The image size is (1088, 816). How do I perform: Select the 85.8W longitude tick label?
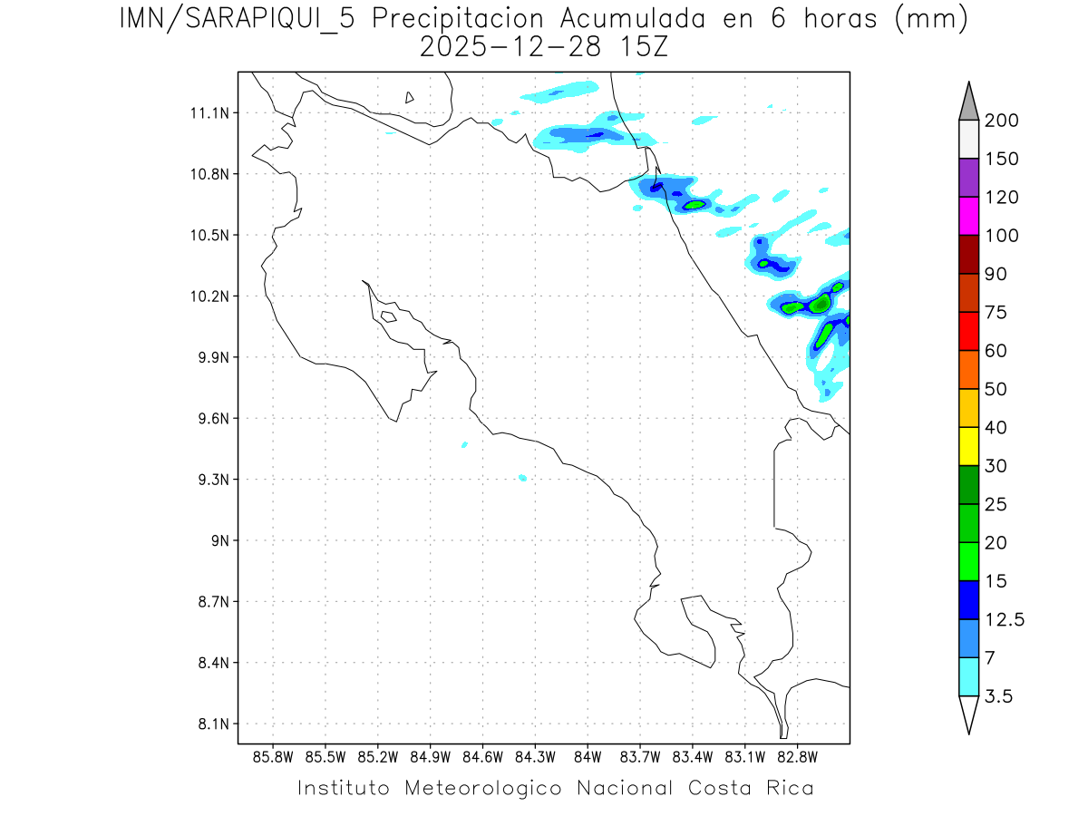(274, 757)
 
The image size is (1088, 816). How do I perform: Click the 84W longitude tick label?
(588, 757)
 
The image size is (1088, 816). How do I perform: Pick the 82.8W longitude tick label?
(798, 757)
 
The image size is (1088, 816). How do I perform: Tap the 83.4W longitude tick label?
(693, 757)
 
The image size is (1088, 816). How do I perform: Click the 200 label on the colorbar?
(1001, 121)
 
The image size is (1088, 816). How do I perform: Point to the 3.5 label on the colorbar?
(999, 696)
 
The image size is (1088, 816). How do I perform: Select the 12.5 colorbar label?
(1004, 619)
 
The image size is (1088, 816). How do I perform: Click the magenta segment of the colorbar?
(968, 216)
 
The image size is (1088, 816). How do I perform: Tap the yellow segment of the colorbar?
(968, 446)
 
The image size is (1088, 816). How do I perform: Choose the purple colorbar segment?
(968, 178)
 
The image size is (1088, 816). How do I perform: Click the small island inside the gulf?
(388, 316)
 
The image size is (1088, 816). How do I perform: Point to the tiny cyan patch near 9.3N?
(522, 477)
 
